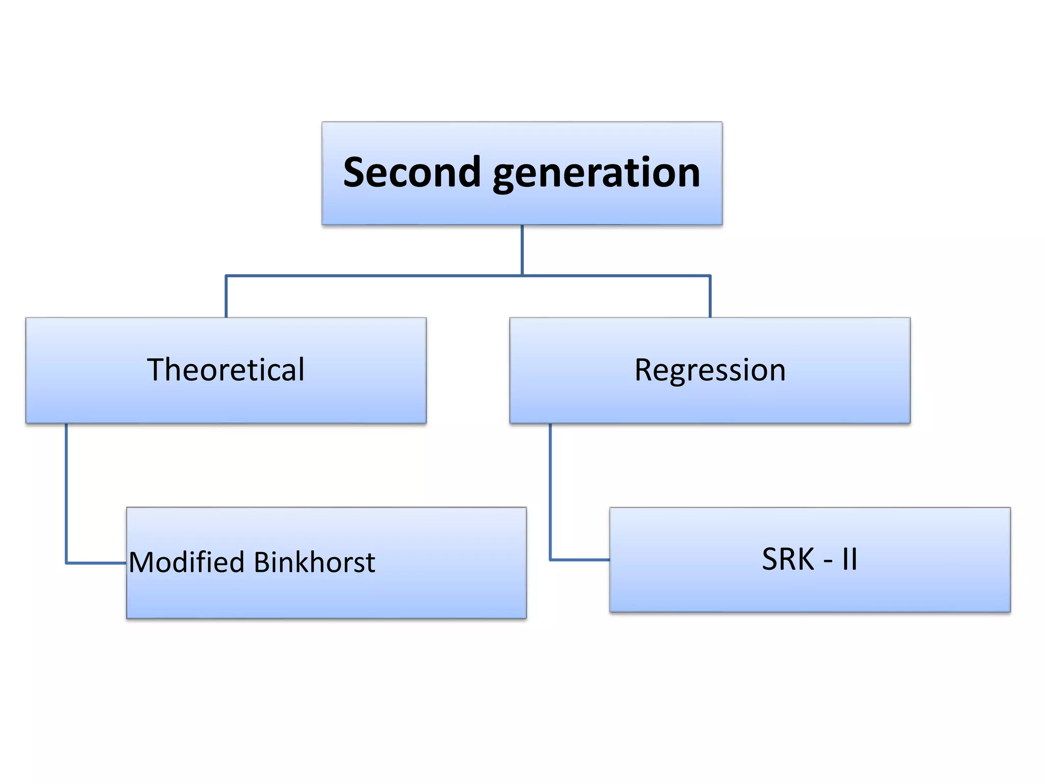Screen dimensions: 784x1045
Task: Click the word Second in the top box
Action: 411,173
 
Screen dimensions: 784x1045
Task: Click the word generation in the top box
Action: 596,174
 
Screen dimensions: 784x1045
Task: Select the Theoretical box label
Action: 226,370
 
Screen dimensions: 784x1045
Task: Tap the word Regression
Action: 709,370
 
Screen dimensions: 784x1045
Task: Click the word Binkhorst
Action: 314,562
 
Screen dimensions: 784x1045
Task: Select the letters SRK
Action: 788,559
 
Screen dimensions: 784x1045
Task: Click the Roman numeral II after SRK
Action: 850,559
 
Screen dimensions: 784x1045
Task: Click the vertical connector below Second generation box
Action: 522,250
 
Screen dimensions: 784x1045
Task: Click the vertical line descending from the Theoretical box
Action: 66,490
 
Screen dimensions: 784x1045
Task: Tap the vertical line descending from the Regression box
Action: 550,490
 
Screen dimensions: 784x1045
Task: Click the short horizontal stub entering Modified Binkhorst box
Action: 96,563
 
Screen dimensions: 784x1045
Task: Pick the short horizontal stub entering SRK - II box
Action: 580,559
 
